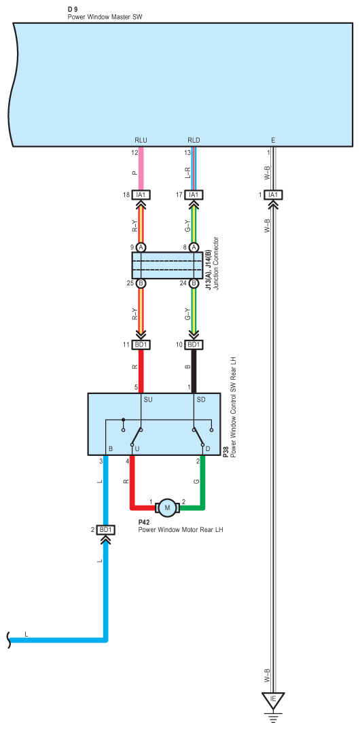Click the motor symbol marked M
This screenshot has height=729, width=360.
click(168, 508)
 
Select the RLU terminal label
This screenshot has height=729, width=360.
click(141, 139)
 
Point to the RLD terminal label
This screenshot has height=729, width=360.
click(194, 139)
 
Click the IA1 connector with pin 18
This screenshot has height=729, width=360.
click(141, 195)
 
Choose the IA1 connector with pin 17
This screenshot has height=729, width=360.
click(194, 195)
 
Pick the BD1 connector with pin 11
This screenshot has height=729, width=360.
click(141, 345)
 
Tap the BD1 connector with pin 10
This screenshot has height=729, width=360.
click(194, 345)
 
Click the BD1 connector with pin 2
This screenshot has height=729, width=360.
click(106, 529)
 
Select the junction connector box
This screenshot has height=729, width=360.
click(167, 266)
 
